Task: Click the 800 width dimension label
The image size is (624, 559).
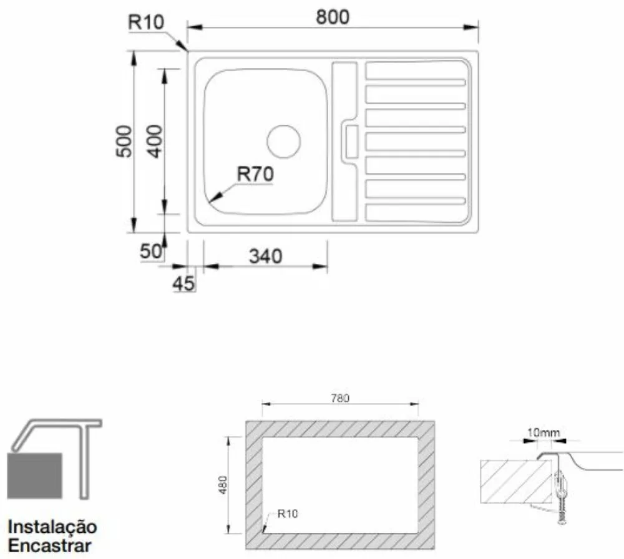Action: click(333, 17)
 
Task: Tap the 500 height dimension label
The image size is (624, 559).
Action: click(124, 141)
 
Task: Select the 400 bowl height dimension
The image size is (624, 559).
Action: click(155, 141)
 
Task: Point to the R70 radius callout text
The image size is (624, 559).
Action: click(255, 174)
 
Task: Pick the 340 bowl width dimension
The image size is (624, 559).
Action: click(265, 256)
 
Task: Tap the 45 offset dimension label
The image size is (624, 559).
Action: click(183, 283)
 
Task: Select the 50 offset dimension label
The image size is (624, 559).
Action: click(151, 251)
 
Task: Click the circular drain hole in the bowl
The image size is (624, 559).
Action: click(284, 141)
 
